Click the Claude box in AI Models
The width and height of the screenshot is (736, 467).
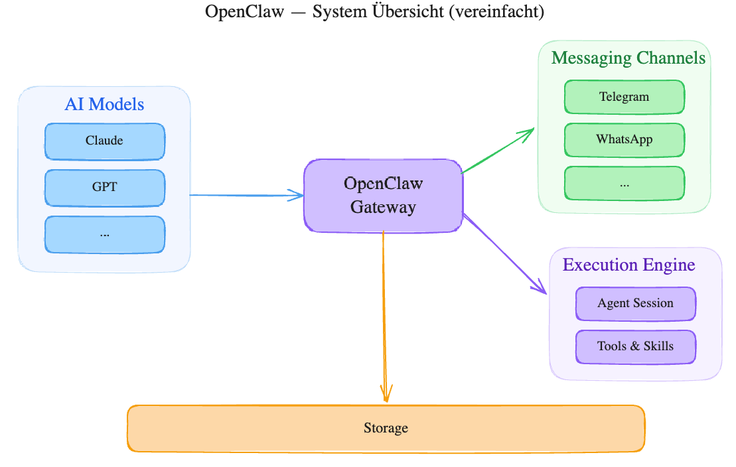tap(104, 141)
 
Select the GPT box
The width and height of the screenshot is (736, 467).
tap(104, 188)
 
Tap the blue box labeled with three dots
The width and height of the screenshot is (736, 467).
tap(104, 234)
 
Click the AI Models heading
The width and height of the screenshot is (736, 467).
tap(104, 104)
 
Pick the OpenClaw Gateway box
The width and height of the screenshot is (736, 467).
tap(383, 196)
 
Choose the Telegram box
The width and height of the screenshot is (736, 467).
tap(624, 97)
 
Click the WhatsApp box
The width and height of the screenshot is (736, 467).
tap(624, 140)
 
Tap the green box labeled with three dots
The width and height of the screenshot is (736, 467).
tap(624, 183)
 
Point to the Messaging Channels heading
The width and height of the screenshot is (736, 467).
tap(628, 58)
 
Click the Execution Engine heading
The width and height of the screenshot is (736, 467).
tap(628, 265)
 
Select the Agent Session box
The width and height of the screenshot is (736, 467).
tap(635, 304)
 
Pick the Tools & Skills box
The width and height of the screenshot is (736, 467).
tap(635, 346)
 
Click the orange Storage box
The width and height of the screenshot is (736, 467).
tap(386, 429)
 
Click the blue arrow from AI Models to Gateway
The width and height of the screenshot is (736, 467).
tap(246, 195)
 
